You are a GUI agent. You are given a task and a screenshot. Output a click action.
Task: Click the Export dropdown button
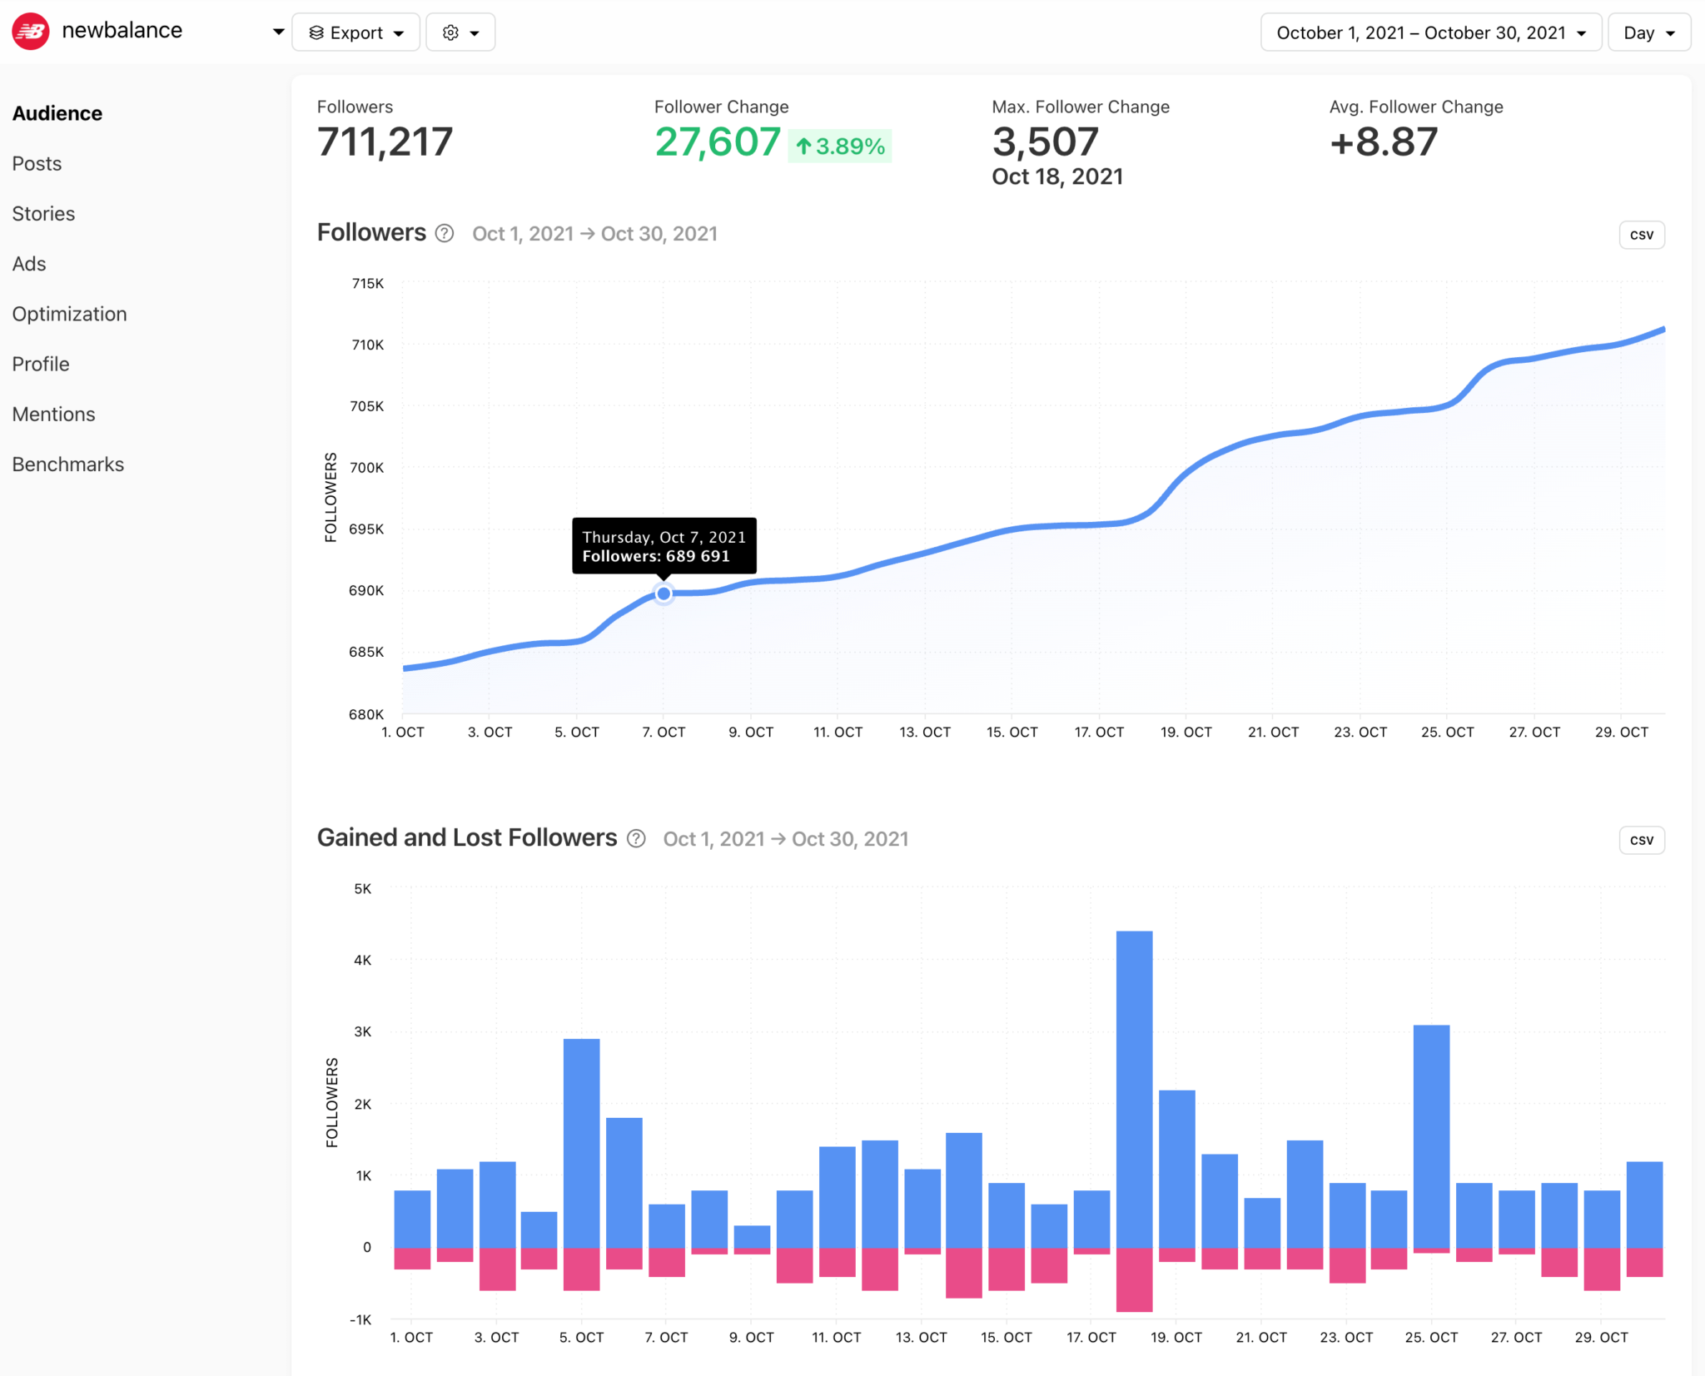pyautogui.click(x=355, y=32)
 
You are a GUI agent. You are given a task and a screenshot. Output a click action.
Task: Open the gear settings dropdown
pyautogui.click(x=460, y=32)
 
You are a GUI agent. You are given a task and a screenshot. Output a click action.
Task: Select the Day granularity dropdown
pyautogui.click(x=1648, y=32)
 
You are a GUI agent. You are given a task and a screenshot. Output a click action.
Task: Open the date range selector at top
pyautogui.click(x=1430, y=32)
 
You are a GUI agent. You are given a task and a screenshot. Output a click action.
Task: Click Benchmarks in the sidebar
pyautogui.click(x=68, y=464)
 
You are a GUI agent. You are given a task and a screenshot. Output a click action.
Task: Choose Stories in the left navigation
pyautogui.click(x=43, y=214)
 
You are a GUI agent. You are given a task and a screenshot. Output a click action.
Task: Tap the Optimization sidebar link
pyautogui.click(x=70, y=314)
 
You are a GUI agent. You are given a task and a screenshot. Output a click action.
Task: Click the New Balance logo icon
pyautogui.click(x=31, y=32)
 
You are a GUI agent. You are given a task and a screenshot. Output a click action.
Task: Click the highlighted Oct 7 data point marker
pyautogui.click(x=664, y=594)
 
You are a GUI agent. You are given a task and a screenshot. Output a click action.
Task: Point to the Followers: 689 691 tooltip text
pyautogui.click(x=656, y=556)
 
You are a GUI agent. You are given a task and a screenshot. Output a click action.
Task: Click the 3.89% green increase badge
pyautogui.click(x=840, y=147)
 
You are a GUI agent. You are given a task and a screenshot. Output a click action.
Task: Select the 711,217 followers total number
pyautogui.click(x=385, y=142)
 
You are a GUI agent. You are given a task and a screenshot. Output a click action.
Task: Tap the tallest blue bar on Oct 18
pyautogui.click(x=1134, y=1082)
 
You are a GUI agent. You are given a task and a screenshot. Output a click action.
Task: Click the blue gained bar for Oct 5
pyautogui.click(x=581, y=1140)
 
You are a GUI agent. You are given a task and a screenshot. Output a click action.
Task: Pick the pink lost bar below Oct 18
pyautogui.click(x=1134, y=1279)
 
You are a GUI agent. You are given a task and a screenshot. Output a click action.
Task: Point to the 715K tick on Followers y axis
pyautogui.click(x=367, y=284)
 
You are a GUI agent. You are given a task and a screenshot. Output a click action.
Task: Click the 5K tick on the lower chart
pyautogui.click(x=363, y=889)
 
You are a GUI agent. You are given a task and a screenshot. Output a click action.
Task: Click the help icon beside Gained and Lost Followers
pyautogui.click(x=636, y=838)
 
